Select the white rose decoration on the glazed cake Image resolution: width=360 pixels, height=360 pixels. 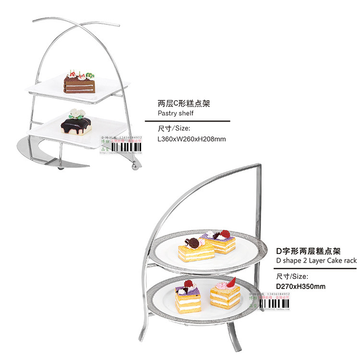(x=77, y=114)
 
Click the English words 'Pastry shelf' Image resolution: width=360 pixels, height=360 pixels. (x=176, y=113)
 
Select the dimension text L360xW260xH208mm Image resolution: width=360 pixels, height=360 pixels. (x=192, y=139)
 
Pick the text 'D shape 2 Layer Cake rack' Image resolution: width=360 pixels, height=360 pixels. (x=316, y=260)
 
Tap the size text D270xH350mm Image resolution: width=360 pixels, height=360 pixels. (x=300, y=287)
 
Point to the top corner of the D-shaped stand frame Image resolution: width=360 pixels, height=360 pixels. (x=260, y=166)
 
